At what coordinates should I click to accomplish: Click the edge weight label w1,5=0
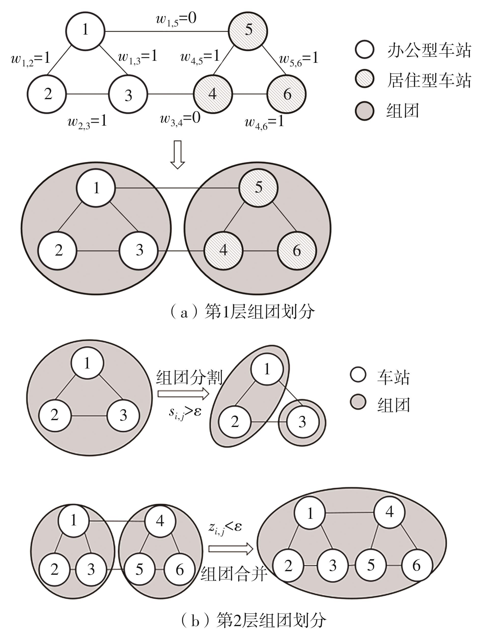click(x=176, y=20)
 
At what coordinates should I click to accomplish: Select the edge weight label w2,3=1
click(x=87, y=122)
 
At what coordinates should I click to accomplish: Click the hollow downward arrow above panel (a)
click(x=178, y=155)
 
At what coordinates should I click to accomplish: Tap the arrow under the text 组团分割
click(x=183, y=394)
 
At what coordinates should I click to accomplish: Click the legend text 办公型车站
click(x=429, y=51)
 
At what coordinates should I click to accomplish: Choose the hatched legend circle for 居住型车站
click(x=364, y=79)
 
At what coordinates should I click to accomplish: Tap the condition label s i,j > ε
click(x=185, y=412)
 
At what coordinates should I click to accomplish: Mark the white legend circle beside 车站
click(x=358, y=375)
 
